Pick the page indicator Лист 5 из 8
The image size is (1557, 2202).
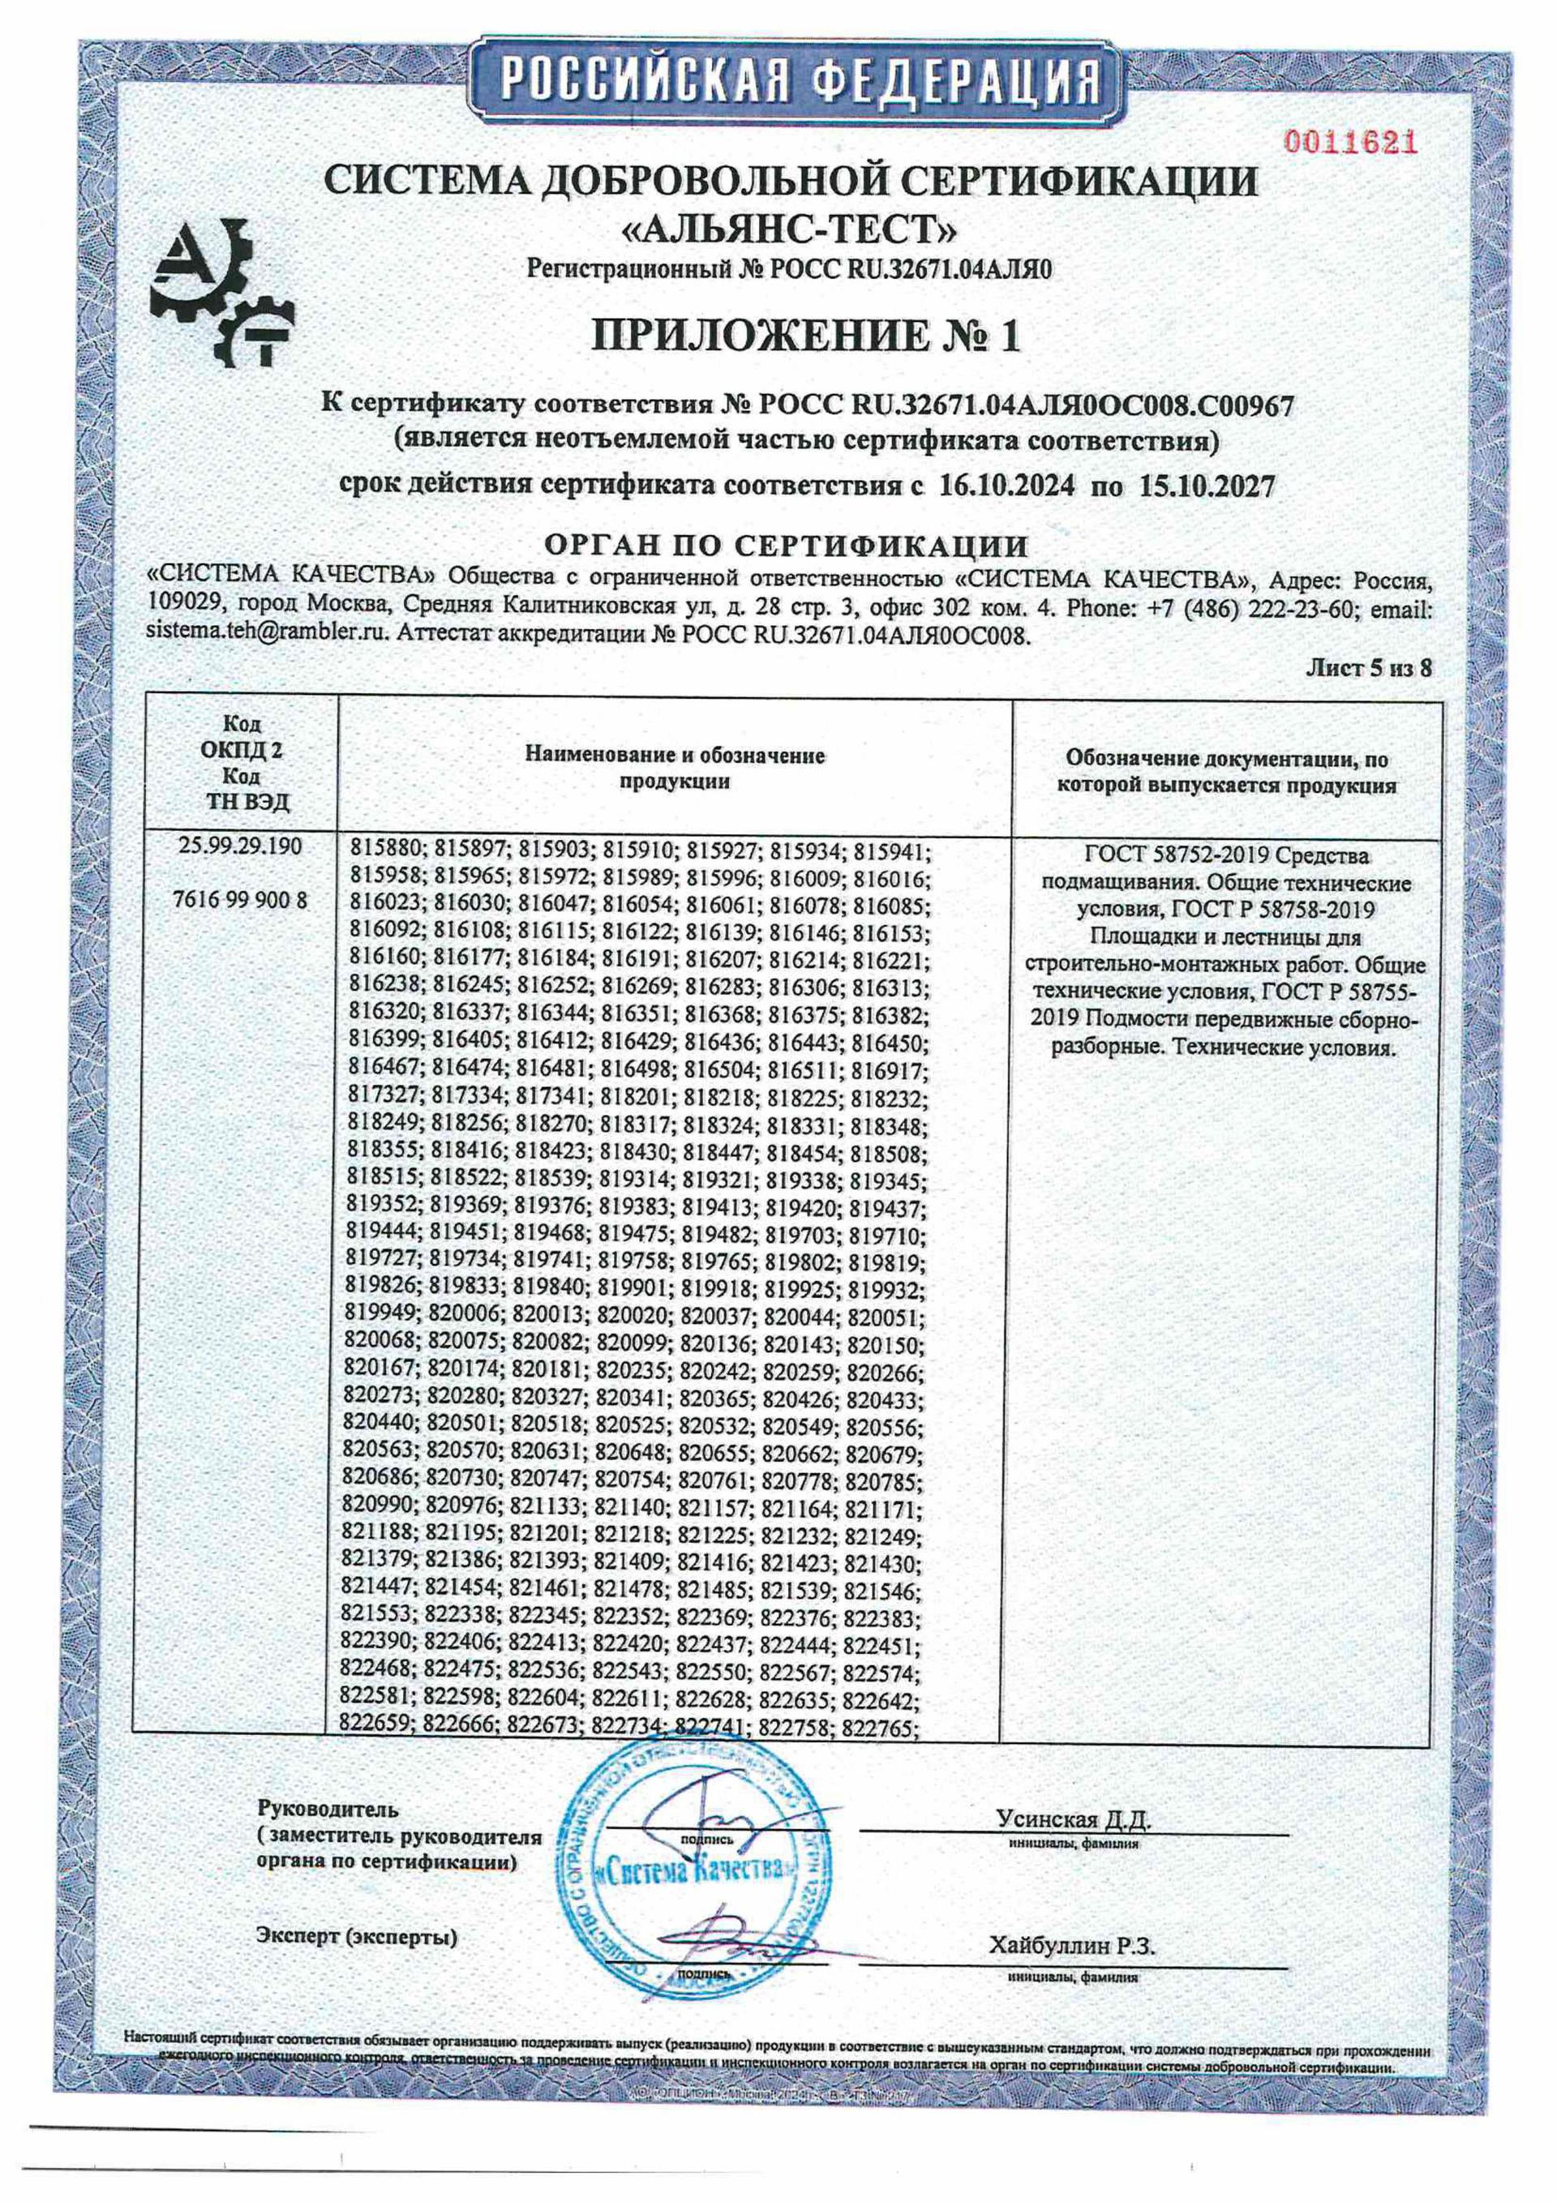pos(1369,668)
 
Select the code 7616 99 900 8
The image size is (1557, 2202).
pos(241,901)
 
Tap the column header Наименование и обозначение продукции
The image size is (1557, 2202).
pos(675,769)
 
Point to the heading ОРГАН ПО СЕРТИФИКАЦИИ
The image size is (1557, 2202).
pos(786,546)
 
